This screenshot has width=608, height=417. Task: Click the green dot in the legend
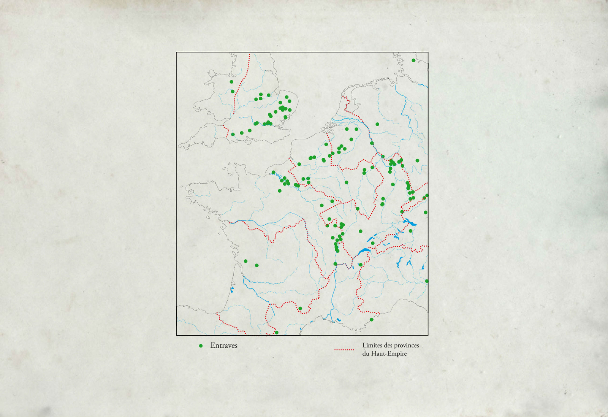[x=201, y=346]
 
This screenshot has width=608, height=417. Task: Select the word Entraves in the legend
[x=224, y=346]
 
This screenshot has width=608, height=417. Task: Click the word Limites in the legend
[x=371, y=345]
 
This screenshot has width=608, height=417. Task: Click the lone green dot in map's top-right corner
[x=413, y=60]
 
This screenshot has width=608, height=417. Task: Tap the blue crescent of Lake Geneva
[x=364, y=251]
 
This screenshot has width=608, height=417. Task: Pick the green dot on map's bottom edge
[x=277, y=333]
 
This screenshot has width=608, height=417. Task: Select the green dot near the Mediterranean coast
[x=371, y=319]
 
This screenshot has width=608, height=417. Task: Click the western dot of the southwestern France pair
[x=245, y=261]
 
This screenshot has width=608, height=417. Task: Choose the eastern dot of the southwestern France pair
[x=257, y=265]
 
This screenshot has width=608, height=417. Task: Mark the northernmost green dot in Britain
[x=231, y=82]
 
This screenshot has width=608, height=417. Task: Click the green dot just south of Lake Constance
[x=410, y=231]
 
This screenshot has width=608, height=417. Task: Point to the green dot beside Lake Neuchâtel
[x=373, y=243]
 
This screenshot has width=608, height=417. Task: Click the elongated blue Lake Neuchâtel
[x=370, y=239]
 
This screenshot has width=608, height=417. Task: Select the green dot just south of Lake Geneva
[x=360, y=265]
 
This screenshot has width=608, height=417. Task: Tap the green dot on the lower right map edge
[x=427, y=281]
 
